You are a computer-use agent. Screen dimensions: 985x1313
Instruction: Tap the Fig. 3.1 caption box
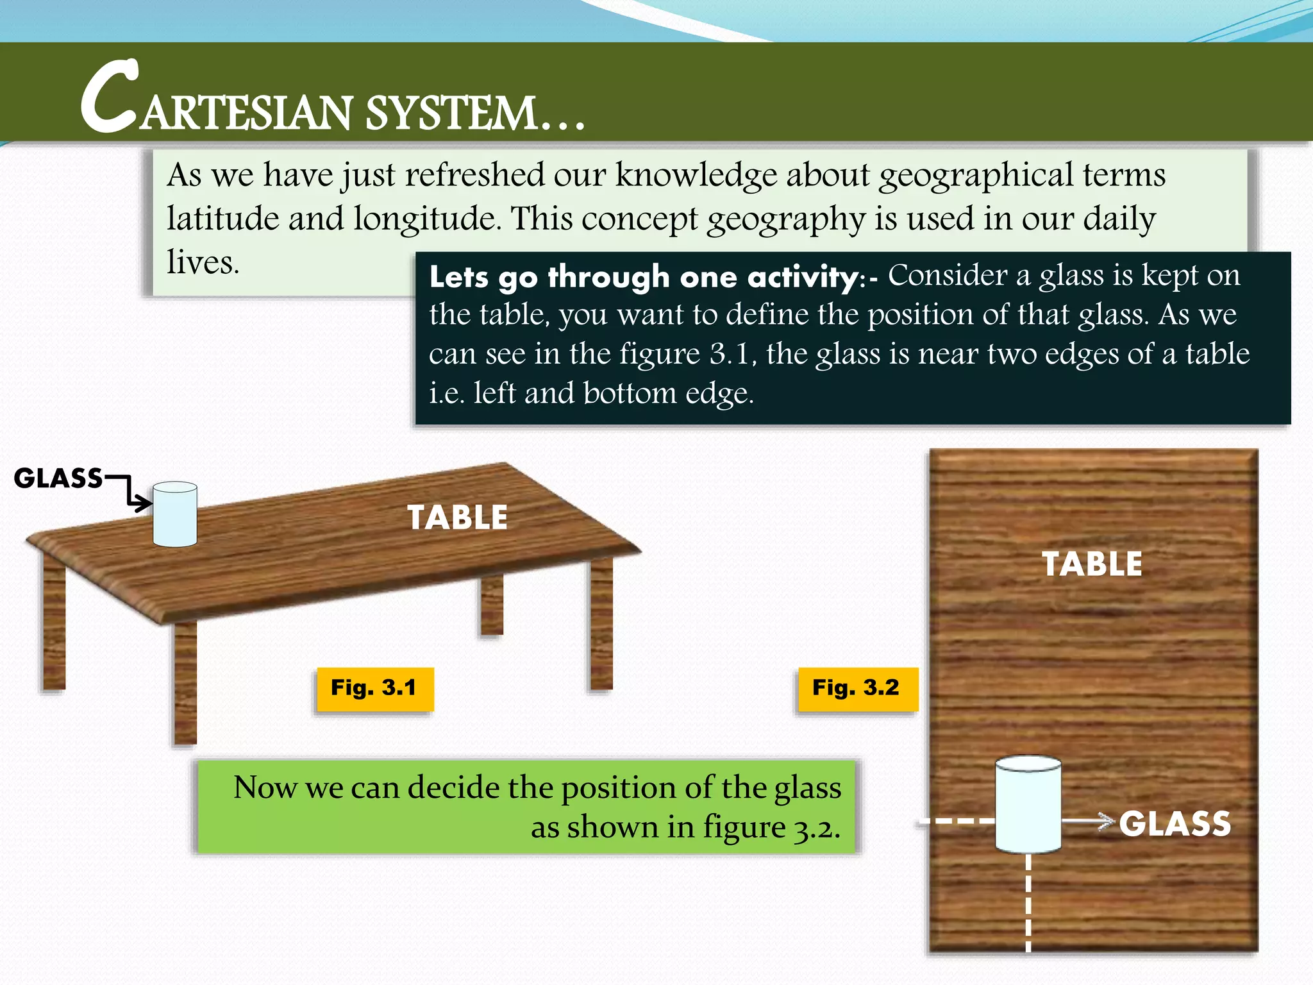tap(374, 689)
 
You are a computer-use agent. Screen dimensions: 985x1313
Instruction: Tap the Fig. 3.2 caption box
tap(857, 689)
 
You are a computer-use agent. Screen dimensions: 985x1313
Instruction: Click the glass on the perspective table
tap(175, 514)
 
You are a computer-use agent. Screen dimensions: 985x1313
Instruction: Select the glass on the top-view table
tap(1028, 804)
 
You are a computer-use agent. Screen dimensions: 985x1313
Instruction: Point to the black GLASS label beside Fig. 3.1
tap(58, 478)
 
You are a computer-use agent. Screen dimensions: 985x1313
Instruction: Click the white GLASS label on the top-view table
tap(1175, 824)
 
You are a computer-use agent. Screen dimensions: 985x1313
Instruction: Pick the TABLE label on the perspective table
tap(457, 518)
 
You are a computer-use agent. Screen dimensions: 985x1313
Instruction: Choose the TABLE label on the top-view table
tap(1092, 564)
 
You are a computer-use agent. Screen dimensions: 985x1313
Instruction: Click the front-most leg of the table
tap(185, 683)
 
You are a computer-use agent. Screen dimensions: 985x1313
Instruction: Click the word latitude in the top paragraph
tap(222, 219)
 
